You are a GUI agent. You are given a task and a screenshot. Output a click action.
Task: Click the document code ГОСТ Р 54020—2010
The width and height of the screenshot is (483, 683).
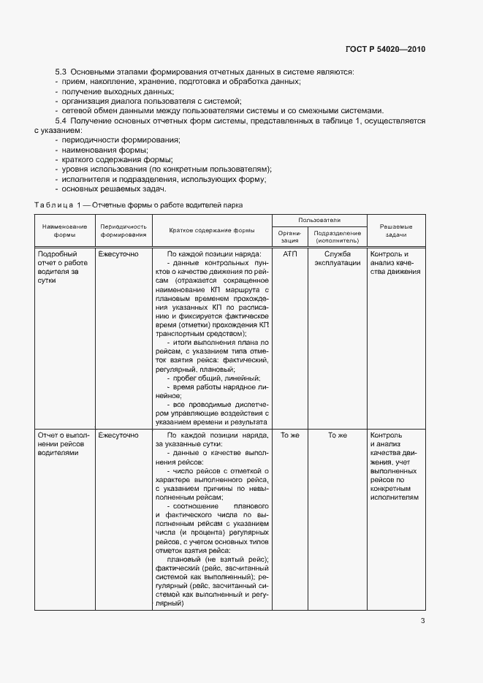click(x=384, y=49)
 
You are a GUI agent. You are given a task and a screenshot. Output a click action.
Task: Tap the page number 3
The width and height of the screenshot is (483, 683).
click(x=423, y=622)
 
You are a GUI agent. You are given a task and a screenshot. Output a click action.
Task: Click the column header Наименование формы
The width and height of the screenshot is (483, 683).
click(x=64, y=231)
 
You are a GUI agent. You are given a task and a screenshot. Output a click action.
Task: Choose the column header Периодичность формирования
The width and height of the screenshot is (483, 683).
click(x=123, y=231)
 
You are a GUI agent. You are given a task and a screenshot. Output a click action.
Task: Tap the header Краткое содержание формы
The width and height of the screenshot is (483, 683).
click(x=211, y=231)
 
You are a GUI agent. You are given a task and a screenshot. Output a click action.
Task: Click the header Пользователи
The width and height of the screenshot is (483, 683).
click(x=319, y=220)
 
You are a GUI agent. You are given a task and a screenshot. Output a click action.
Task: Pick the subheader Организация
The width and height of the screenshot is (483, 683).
click(x=290, y=236)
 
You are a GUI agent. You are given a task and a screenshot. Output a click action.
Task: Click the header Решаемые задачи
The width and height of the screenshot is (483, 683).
click(x=395, y=231)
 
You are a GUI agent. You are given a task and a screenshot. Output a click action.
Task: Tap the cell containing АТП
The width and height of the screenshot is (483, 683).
click(x=290, y=253)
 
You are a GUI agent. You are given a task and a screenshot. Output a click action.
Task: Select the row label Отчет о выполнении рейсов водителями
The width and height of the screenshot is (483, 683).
click(x=63, y=444)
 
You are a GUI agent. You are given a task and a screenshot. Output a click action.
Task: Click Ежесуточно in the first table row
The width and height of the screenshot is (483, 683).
click(x=118, y=253)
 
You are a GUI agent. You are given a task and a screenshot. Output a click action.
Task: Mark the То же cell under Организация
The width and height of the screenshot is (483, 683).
click(x=290, y=435)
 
